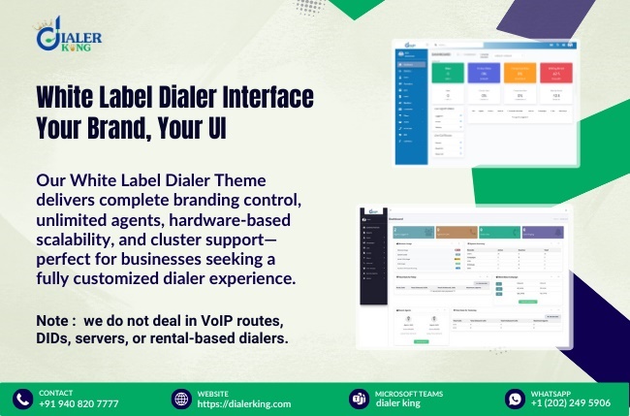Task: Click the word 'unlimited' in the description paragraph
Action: coord(72,202)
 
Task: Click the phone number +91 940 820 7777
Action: coord(79,403)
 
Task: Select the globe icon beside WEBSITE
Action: coord(181,399)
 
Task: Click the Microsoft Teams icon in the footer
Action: coord(357,399)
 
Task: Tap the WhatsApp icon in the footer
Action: coord(515,399)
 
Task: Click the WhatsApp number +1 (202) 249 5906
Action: coord(571,403)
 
